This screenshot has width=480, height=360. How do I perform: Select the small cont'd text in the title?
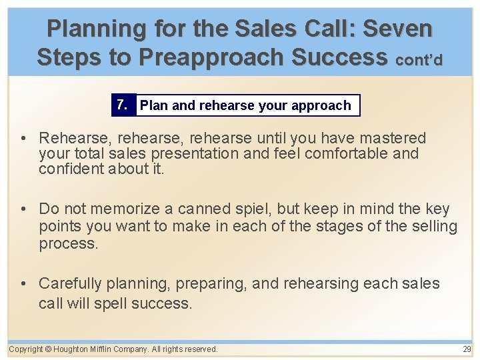pos(419,60)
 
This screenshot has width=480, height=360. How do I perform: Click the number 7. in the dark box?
pos(122,105)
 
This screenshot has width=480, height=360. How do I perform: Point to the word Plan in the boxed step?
pos(154,105)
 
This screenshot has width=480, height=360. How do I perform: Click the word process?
pos(68,243)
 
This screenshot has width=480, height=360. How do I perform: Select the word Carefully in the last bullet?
pos(70,283)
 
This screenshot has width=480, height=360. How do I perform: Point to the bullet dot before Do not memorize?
pos(24,209)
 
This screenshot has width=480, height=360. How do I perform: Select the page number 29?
pos(467,349)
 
